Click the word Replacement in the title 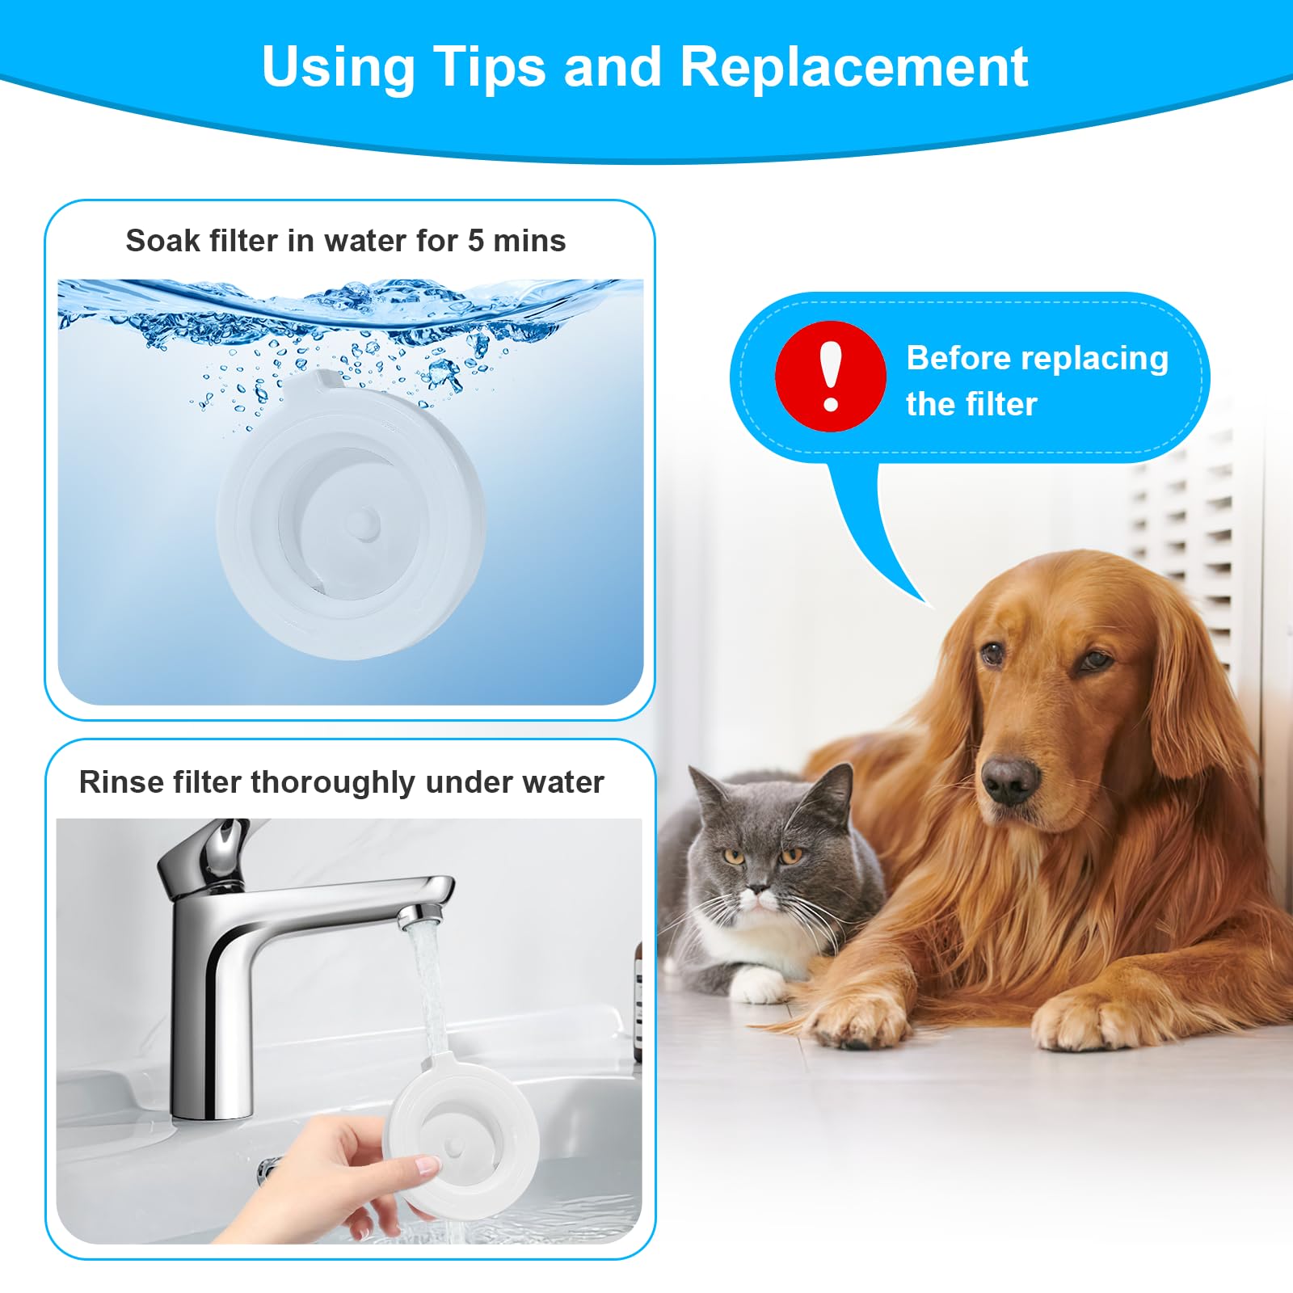pos(853,66)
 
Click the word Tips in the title pos(489,66)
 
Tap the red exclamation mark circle pos(830,377)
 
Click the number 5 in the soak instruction pos(476,241)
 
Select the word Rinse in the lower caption pos(120,782)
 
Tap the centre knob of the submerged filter pos(365,524)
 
